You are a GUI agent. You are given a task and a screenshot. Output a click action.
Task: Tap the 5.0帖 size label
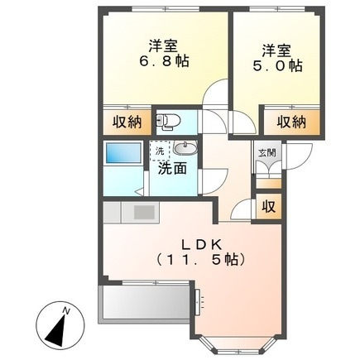tap(274, 64)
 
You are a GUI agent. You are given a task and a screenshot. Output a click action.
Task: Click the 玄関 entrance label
tap(266, 152)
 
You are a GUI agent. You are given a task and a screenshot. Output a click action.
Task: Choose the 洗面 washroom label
tap(172, 167)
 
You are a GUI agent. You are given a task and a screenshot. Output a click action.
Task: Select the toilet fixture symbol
tap(168, 122)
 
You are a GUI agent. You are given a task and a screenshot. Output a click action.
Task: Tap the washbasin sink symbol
tap(185, 149)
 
